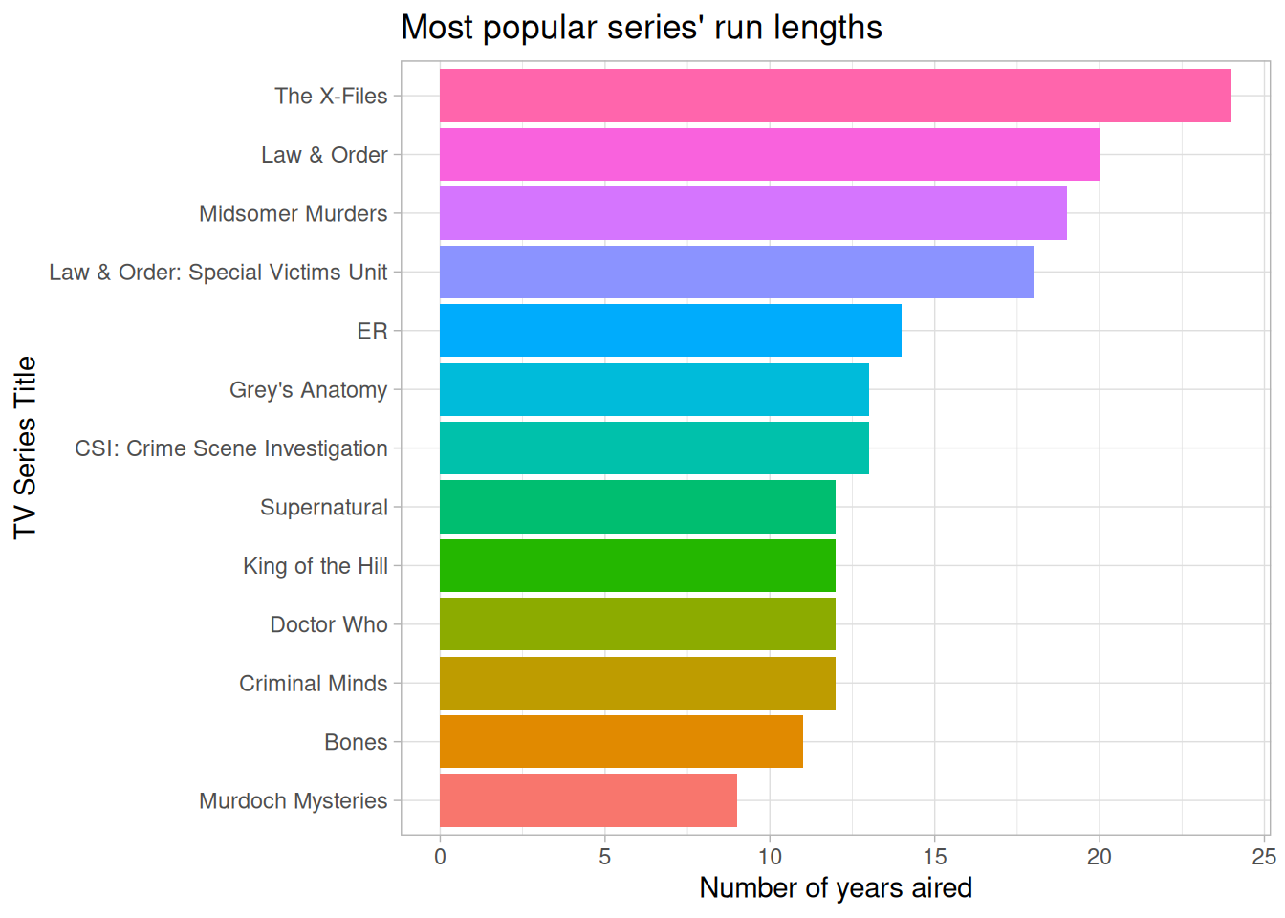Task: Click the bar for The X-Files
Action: click(x=835, y=96)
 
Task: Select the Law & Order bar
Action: click(x=769, y=155)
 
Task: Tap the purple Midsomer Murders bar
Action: click(x=752, y=213)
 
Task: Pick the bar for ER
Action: click(x=670, y=331)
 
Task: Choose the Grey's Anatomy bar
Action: click(x=654, y=389)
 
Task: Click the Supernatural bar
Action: click(x=637, y=507)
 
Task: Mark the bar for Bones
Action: click(x=621, y=742)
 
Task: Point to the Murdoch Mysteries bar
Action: click(x=588, y=800)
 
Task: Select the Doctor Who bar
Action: click(x=637, y=624)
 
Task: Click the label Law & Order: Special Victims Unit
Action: click(x=218, y=273)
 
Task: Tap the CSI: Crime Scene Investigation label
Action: click(x=231, y=448)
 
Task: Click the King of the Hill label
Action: click(x=316, y=566)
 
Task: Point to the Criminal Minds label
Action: click(x=314, y=684)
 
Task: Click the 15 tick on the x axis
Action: click(x=934, y=857)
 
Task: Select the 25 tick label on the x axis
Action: click(x=1264, y=857)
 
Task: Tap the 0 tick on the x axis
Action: click(x=440, y=857)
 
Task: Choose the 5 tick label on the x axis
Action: click(x=604, y=857)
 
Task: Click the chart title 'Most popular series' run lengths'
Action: click(x=642, y=28)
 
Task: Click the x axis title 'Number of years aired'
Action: click(x=836, y=888)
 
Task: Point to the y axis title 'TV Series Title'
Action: click(x=25, y=448)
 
